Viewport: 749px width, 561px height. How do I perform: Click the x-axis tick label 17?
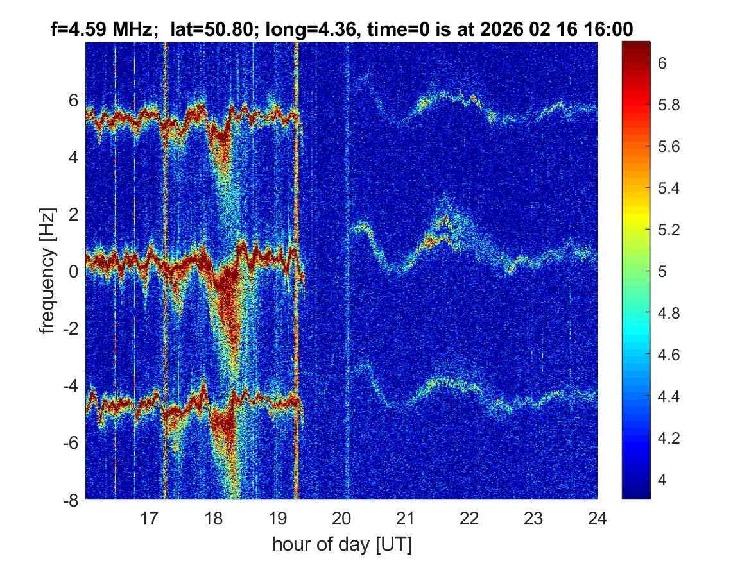coord(150,517)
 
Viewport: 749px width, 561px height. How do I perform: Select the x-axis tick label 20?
coord(341,517)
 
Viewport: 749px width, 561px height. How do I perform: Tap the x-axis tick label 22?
coord(469,517)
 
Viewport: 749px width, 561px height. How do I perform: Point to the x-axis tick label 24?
coord(597,517)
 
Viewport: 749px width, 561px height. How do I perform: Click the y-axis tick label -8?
coord(71,500)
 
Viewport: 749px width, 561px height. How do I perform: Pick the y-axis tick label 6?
coord(74,100)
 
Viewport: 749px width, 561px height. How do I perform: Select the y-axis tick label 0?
coord(74,271)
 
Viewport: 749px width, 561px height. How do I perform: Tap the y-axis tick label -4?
coord(71,386)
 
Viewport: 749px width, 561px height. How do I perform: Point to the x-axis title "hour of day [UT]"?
coord(341,545)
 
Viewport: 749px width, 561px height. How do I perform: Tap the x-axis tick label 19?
coord(277,517)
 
